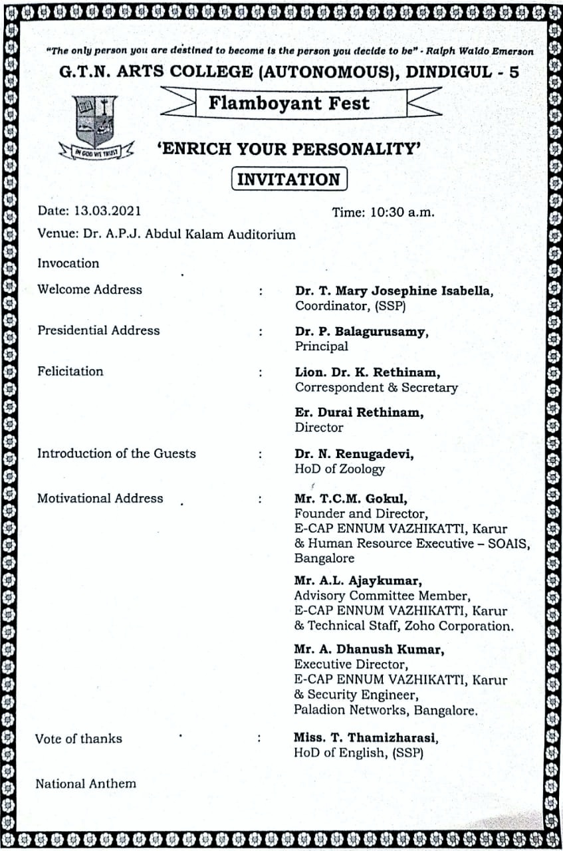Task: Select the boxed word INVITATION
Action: (288, 180)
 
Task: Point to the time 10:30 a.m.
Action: (383, 212)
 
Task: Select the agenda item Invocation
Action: (68, 263)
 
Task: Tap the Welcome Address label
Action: (90, 289)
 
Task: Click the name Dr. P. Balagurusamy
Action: (361, 332)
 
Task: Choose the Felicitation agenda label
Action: (70, 371)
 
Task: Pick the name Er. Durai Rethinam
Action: (359, 412)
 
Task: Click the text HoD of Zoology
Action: (340, 469)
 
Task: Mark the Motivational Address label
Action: (100, 498)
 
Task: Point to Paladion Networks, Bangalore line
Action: (386, 710)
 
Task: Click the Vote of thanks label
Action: (78, 738)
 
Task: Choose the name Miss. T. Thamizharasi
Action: (366, 738)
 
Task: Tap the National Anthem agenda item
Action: (85, 783)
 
